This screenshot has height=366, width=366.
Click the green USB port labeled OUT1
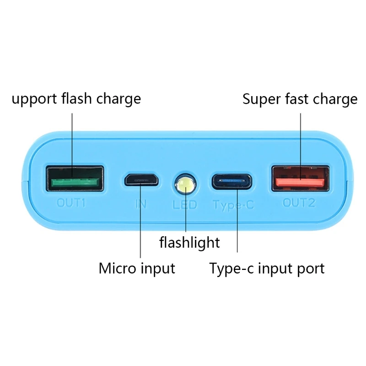tap(74, 178)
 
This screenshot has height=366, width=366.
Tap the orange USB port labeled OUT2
tap(301, 179)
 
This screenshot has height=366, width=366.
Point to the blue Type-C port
tap(232, 181)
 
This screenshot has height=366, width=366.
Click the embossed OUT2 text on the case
tap(299, 203)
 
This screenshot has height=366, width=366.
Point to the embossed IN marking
tap(141, 204)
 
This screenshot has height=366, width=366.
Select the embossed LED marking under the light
tap(185, 205)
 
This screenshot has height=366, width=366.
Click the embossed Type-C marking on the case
tap(233, 205)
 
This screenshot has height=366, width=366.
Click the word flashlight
tap(189, 242)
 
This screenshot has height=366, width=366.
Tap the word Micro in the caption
tap(116, 268)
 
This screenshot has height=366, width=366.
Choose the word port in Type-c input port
tap(310, 269)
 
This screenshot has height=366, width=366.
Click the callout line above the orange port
tap(300, 137)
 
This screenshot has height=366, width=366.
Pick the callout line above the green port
tap(72, 137)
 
